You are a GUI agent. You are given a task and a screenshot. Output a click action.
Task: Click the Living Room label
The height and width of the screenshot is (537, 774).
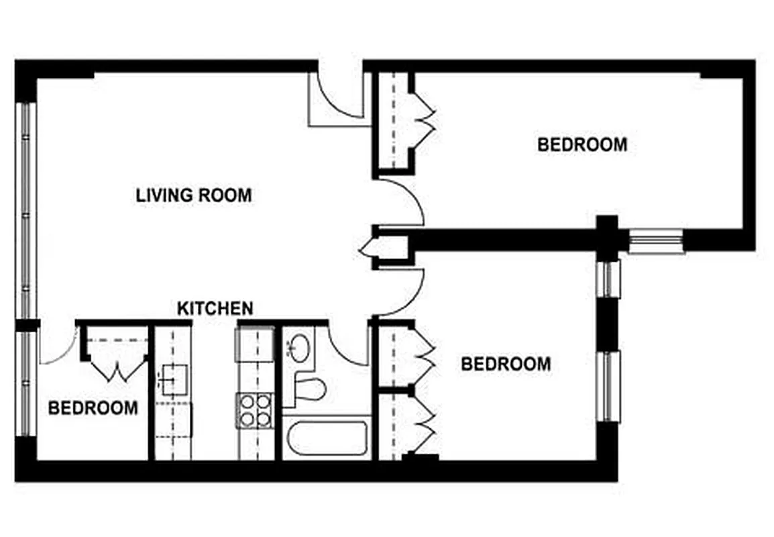(x=194, y=195)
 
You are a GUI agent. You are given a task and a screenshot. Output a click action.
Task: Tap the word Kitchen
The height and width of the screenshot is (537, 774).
(x=215, y=308)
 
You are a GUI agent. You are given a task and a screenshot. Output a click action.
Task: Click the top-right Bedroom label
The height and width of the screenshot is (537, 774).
(x=582, y=144)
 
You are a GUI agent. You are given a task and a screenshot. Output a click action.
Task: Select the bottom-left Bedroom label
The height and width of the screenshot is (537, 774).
(x=93, y=407)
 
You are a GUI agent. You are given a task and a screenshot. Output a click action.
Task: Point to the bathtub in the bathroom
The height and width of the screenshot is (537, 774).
(x=327, y=437)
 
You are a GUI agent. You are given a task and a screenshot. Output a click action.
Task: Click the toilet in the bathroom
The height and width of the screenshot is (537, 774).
(x=310, y=388)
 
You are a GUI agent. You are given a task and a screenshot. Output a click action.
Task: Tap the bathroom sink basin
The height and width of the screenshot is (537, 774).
(x=298, y=348)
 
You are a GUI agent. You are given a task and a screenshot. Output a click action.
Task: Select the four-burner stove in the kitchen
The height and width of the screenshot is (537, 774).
(x=255, y=409)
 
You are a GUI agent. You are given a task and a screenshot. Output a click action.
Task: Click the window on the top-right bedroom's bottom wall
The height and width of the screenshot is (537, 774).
(x=655, y=240)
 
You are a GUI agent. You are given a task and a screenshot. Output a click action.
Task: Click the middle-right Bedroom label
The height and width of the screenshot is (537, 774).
(x=506, y=364)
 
